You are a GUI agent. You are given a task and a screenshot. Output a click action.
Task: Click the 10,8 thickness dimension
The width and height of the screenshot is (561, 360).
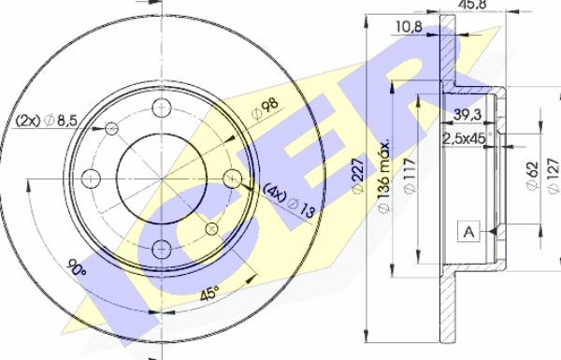tap(409, 26)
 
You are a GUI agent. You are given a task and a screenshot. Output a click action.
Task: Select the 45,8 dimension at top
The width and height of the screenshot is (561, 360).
tap(472, 4)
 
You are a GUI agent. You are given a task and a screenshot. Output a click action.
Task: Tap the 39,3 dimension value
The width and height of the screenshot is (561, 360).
tap(467, 115)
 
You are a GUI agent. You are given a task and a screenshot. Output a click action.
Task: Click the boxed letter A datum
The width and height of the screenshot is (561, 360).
tap(468, 232)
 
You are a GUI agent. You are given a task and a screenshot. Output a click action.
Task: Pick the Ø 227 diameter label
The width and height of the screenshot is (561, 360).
tap(358, 176)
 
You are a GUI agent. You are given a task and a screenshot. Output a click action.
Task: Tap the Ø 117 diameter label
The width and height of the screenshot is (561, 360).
tap(410, 176)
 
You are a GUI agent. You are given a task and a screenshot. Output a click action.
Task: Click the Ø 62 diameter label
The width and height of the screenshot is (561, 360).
tap(532, 177)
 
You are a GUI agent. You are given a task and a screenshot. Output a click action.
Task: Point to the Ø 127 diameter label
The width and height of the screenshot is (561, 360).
tap(554, 176)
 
